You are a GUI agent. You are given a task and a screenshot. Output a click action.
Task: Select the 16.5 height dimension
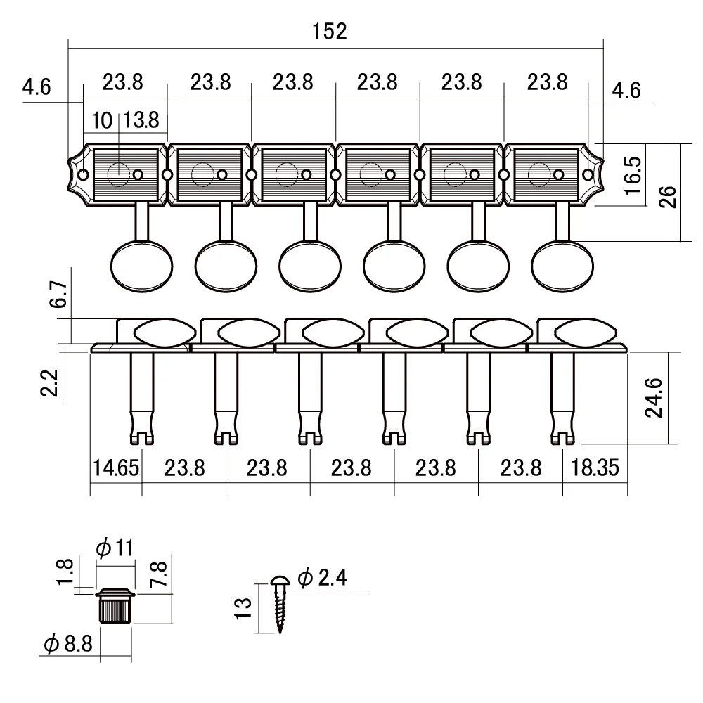click(x=631, y=176)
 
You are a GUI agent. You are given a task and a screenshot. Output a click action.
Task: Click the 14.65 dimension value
click(x=116, y=468)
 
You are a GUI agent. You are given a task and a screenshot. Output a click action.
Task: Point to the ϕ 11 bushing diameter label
click(x=116, y=548)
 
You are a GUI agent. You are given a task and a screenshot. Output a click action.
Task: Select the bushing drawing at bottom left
click(x=115, y=605)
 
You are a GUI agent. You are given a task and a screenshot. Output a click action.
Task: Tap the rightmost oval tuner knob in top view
click(x=562, y=265)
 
